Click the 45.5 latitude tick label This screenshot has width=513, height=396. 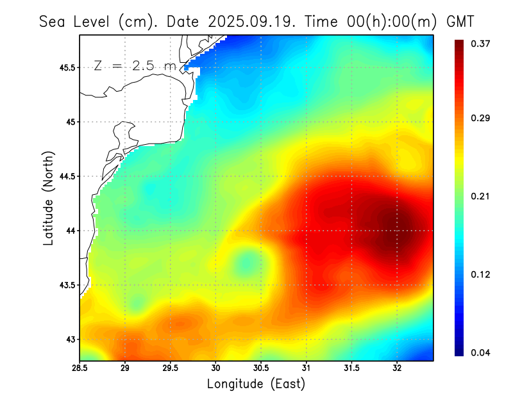click(x=68, y=67)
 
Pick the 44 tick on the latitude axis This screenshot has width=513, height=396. click(x=71, y=231)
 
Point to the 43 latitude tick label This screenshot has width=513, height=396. click(x=71, y=339)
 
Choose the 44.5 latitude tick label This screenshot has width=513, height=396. click(x=68, y=176)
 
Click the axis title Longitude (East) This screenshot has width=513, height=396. click(x=256, y=384)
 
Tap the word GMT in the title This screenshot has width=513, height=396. click(x=460, y=21)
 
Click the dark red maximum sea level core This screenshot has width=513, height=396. click(x=398, y=227)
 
